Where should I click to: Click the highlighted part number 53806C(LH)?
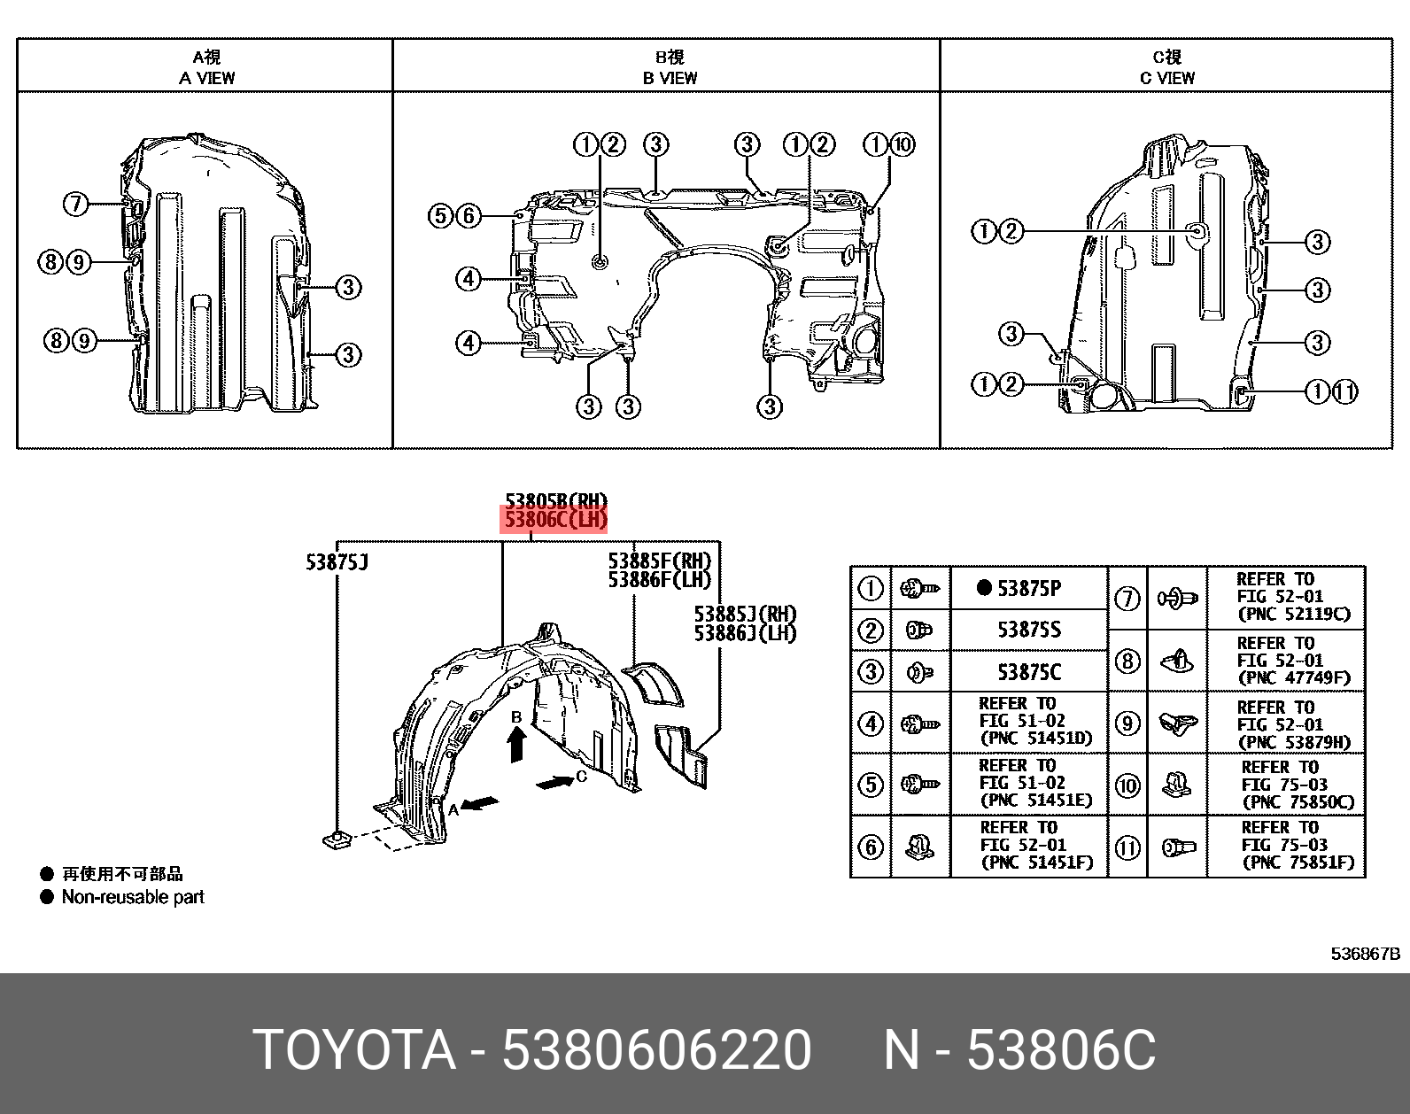pos(556,520)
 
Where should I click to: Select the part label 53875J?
pos(337,562)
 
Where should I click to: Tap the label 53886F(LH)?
pos(660,580)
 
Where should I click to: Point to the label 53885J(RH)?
pos(745,614)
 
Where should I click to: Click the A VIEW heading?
pos(206,78)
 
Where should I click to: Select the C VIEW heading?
pos(1167,78)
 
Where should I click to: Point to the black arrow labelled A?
pos(481,803)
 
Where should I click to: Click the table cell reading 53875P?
pos(1028,588)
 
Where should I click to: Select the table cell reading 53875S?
pos(1028,630)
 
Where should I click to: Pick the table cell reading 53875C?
pos(1028,672)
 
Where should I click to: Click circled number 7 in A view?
pos(75,205)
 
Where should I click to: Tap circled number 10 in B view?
pos(902,144)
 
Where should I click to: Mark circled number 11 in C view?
pos(1344,391)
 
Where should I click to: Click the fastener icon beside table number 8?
pos(1177,660)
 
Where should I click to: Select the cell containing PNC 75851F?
pos(1298,846)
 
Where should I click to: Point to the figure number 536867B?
pos(1366,954)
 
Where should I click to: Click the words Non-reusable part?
pos(133,897)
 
